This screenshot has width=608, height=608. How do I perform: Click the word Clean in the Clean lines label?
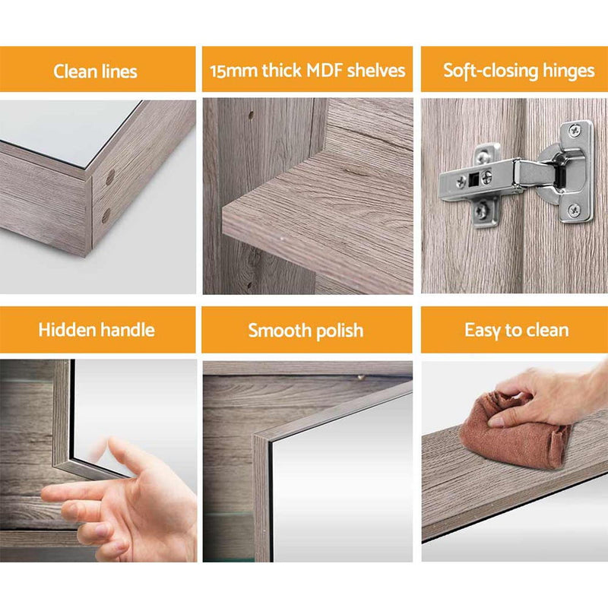point(73,71)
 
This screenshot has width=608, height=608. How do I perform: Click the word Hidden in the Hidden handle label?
point(65,330)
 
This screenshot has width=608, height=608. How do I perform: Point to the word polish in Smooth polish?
point(337,331)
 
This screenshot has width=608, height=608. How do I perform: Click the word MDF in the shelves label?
point(325,71)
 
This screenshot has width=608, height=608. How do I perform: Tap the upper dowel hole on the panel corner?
point(111,177)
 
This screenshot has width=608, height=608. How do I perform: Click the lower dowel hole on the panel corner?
point(106,214)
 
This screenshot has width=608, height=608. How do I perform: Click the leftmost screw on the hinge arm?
point(461,182)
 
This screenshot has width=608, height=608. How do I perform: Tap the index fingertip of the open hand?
point(47,493)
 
